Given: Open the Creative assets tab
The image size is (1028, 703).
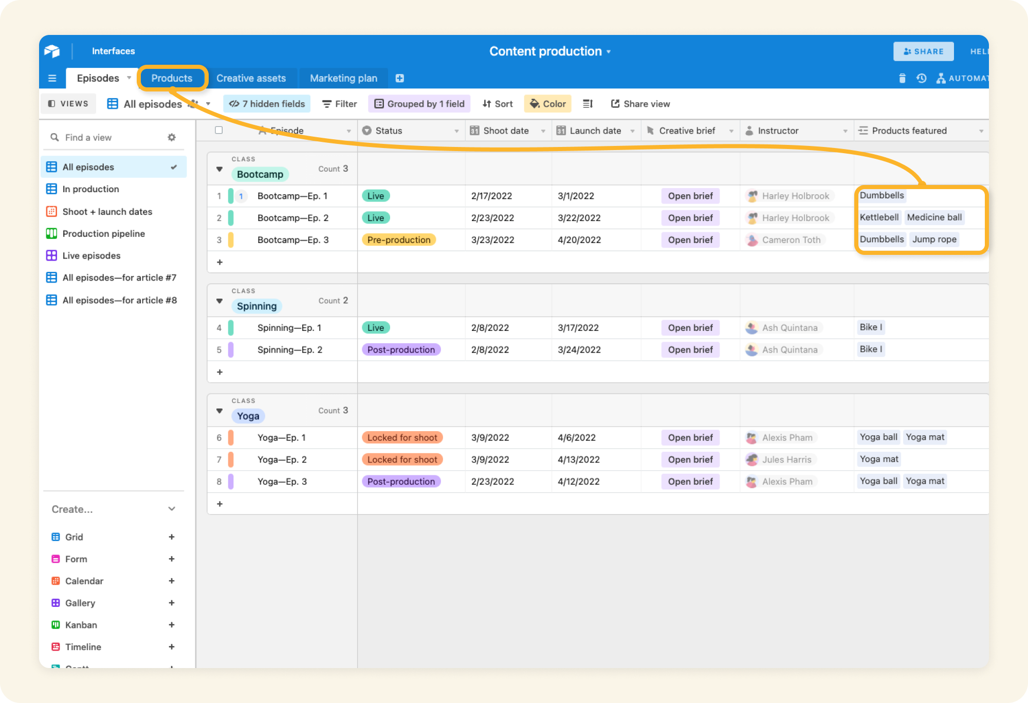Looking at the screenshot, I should tap(251, 78).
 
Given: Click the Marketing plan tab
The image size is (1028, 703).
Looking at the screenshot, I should tap(343, 78).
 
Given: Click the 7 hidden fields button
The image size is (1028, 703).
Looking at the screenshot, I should tap(267, 104).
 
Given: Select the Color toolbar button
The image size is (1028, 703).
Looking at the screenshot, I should tap(548, 104).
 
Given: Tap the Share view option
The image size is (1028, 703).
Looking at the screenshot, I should tap(640, 104).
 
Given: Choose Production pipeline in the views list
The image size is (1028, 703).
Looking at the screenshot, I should tap(103, 234).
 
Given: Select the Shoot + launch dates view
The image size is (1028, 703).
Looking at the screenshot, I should tap(107, 212).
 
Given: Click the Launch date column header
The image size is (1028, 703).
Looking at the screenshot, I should tap(595, 131).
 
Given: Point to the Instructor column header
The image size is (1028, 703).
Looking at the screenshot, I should tap(778, 131).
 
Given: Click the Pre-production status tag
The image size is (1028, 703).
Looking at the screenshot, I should tap(399, 240).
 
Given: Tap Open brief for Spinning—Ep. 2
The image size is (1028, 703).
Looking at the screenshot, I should tap(690, 350).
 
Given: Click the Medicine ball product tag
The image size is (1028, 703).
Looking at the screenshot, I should tap(934, 217).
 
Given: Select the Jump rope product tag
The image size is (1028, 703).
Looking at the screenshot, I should tap(934, 239).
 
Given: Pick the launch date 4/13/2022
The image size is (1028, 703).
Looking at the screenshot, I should tap(579, 460).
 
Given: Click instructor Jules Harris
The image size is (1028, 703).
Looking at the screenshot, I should tap(786, 460).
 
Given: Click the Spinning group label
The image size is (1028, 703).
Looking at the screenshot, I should tap(256, 306).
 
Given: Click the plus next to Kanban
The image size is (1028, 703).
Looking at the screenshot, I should tap(172, 625).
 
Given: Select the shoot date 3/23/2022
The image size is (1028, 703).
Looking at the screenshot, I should tap(492, 240).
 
